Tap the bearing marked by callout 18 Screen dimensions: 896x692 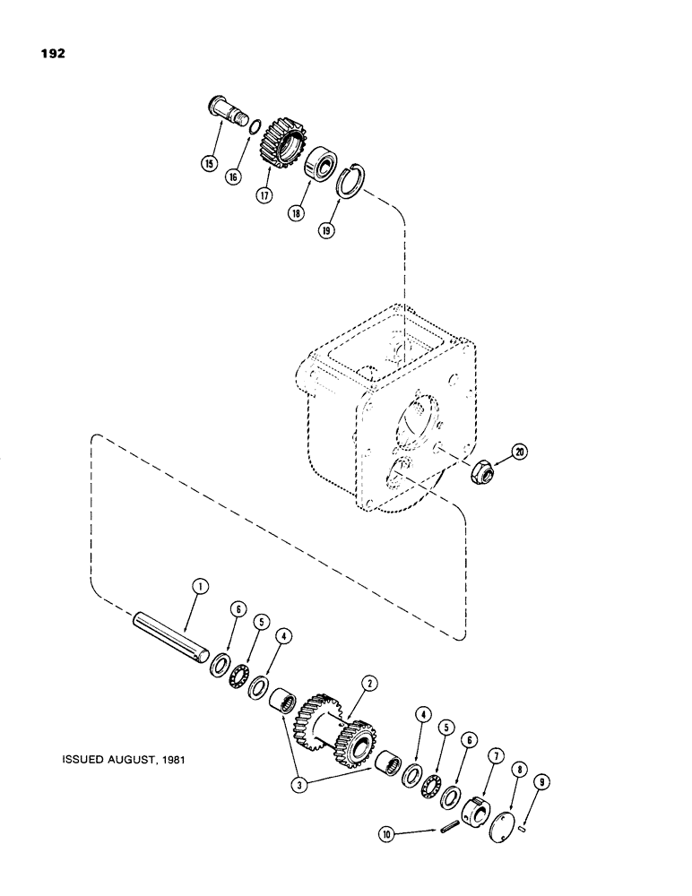point(320,167)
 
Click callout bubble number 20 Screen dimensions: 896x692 point(520,451)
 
